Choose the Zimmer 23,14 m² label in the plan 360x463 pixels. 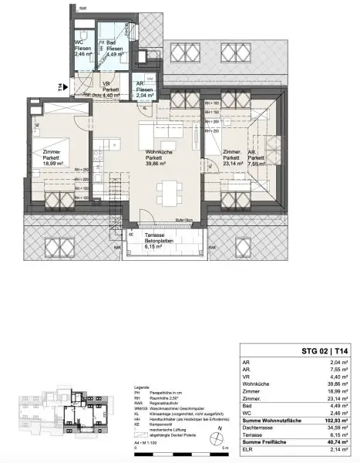click(233, 158)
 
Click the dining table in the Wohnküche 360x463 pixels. click(164, 189)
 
